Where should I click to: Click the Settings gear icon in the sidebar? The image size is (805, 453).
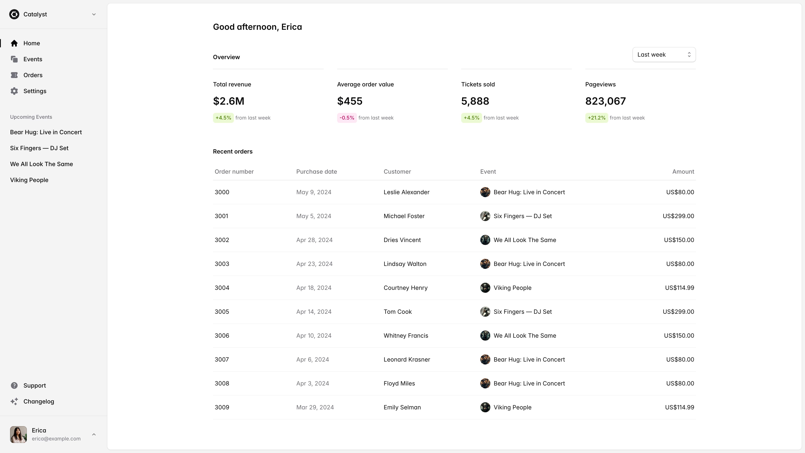click(x=14, y=91)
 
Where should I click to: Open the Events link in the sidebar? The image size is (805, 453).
click(x=32, y=59)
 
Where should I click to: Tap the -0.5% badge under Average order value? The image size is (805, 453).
click(x=347, y=118)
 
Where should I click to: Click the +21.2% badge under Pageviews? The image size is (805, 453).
click(x=596, y=118)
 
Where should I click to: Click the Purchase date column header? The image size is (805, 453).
click(x=316, y=172)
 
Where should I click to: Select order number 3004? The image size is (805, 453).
click(x=222, y=288)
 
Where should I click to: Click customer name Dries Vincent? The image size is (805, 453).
click(x=402, y=240)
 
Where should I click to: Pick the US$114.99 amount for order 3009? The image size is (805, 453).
click(x=679, y=407)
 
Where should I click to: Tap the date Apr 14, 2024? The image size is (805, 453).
click(x=314, y=312)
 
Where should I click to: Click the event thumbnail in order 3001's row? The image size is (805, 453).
click(x=485, y=216)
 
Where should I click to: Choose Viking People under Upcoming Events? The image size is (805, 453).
click(x=29, y=180)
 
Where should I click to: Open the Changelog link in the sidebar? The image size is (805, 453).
click(x=38, y=401)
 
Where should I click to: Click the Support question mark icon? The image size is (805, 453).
click(x=14, y=385)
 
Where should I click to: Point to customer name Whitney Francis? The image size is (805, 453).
click(x=406, y=336)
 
